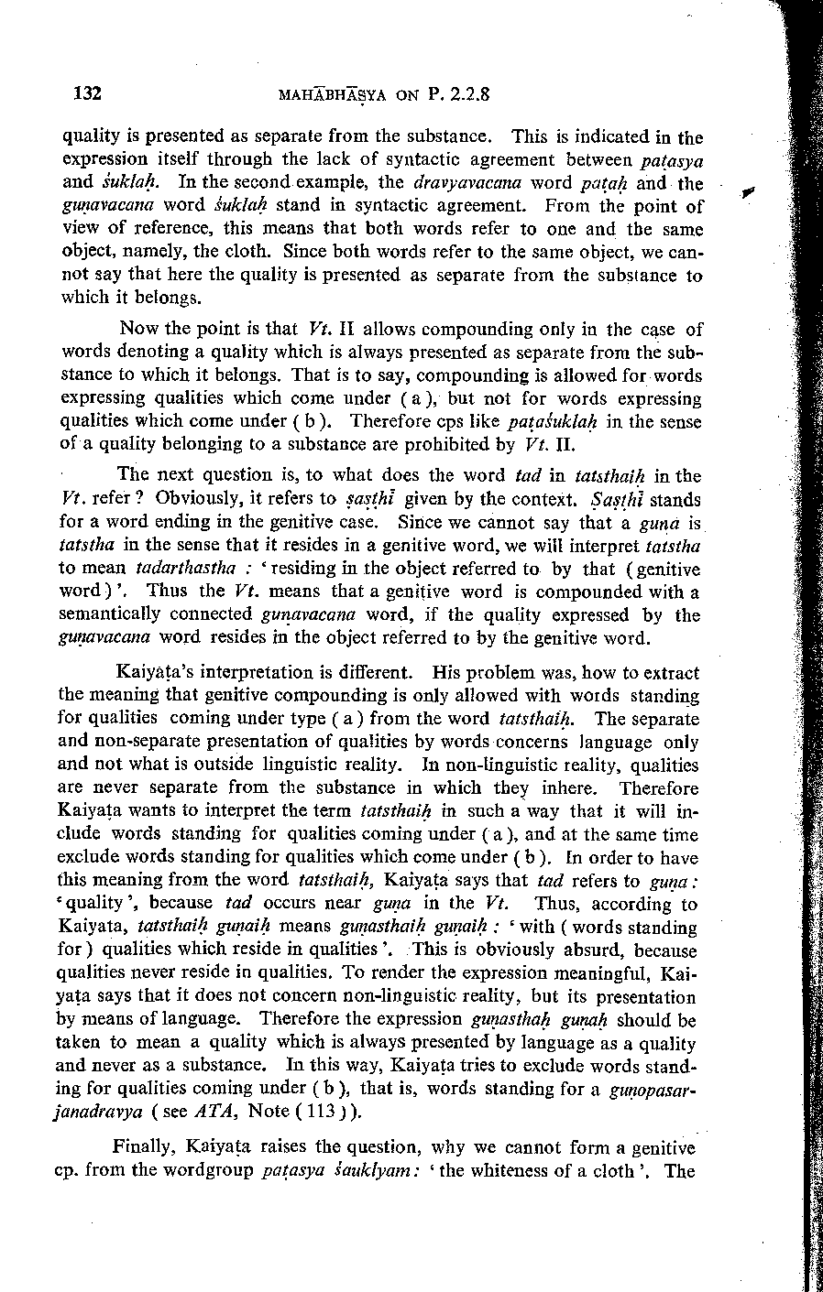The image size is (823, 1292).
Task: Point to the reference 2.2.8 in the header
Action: (469, 93)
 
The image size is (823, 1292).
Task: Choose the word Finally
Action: (145, 1147)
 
